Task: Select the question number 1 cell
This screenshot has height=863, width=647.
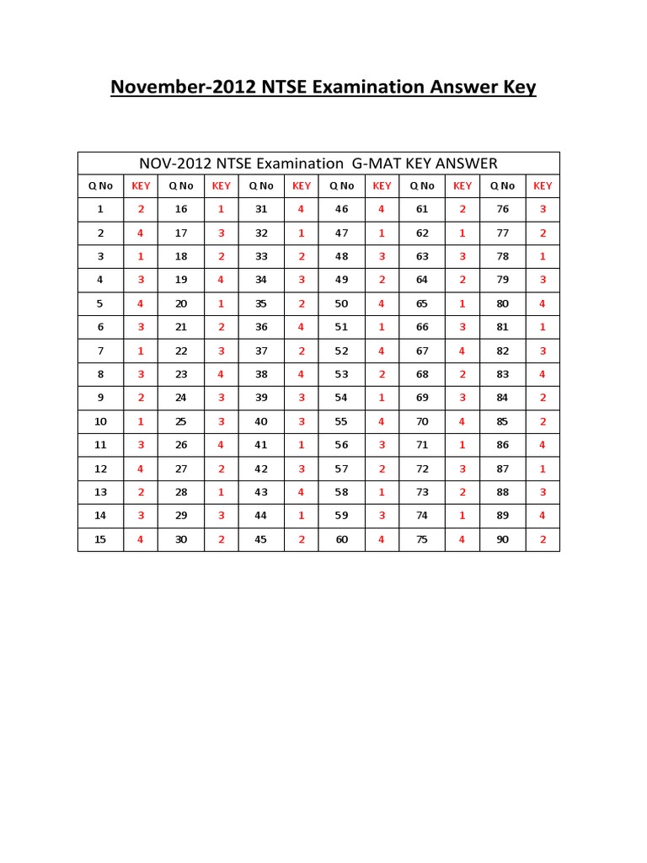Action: tap(100, 209)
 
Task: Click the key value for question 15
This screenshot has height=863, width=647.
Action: tap(141, 539)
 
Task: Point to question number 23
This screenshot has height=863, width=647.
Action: tap(181, 374)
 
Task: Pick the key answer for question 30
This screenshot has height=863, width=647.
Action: tap(222, 539)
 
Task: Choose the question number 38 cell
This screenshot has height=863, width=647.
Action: tap(261, 374)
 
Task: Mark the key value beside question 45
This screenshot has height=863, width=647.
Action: tap(302, 539)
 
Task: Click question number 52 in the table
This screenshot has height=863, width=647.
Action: tap(341, 351)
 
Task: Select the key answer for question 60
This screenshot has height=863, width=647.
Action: tap(382, 539)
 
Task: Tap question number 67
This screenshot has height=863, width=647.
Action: tap(422, 351)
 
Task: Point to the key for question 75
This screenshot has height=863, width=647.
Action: tap(462, 539)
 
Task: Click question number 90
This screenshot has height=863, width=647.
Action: tap(503, 539)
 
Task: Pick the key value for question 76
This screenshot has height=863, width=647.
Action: tap(543, 209)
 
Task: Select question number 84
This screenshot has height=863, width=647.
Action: tap(503, 398)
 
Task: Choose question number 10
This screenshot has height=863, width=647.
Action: tap(100, 421)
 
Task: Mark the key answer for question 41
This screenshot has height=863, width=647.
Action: tap(302, 445)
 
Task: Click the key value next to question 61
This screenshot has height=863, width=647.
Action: tap(462, 209)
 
